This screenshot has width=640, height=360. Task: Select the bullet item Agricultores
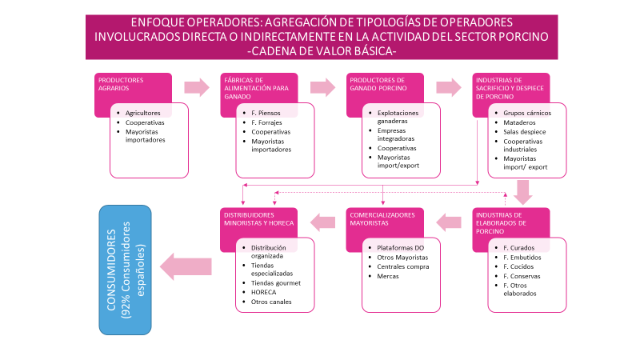(143, 113)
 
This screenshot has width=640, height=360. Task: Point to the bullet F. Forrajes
(266, 122)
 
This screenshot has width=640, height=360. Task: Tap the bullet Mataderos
(521, 122)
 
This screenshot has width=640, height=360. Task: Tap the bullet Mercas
(389, 276)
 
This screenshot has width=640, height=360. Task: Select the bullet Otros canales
(272, 302)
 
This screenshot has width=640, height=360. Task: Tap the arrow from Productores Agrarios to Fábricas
(195, 86)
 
